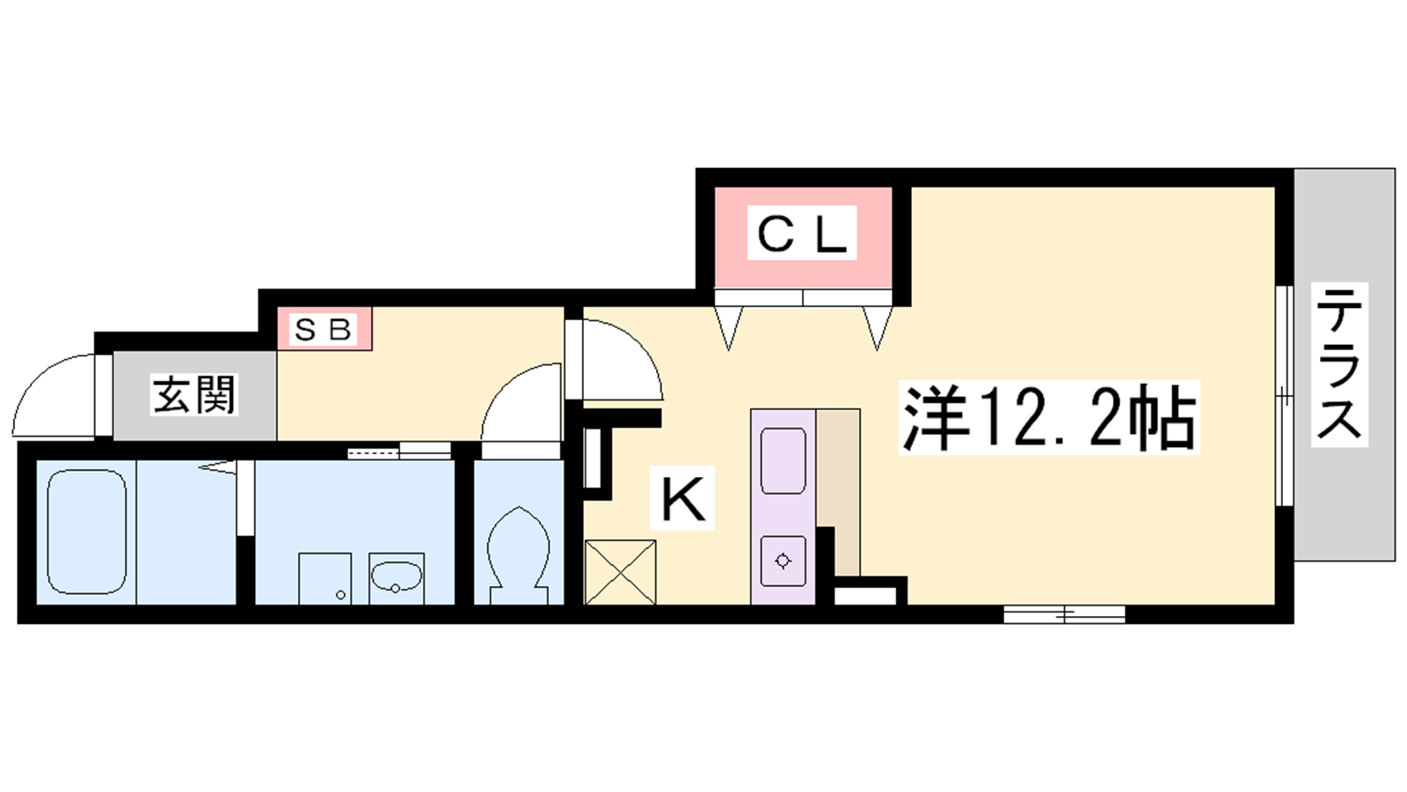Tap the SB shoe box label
tap(323, 328)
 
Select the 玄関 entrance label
tap(193, 395)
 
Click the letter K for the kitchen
tap(682, 498)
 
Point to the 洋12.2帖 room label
tap(1048, 417)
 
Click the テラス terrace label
tap(1339, 364)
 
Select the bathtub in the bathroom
tap(87, 532)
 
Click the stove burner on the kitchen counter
tap(783, 560)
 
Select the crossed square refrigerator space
tap(620, 572)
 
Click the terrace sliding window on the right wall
tap(1284, 395)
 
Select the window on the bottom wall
tap(1064, 614)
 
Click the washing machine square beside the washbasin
tap(324, 578)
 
